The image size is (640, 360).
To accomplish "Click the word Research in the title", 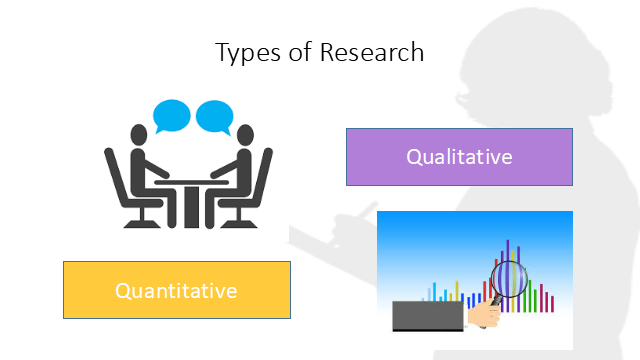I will [x=371, y=52].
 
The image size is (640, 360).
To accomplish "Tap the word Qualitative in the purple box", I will [x=459, y=157].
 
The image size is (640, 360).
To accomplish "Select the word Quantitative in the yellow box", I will [x=176, y=291].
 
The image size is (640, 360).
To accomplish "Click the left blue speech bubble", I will [x=173, y=116].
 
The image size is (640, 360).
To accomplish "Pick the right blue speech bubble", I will [x=214, y=117].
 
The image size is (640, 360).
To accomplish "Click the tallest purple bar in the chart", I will [x=507, y=246].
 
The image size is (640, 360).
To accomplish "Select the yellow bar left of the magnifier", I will [x=457, y=290].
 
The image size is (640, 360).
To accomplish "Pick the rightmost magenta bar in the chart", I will [x=553, y=302].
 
